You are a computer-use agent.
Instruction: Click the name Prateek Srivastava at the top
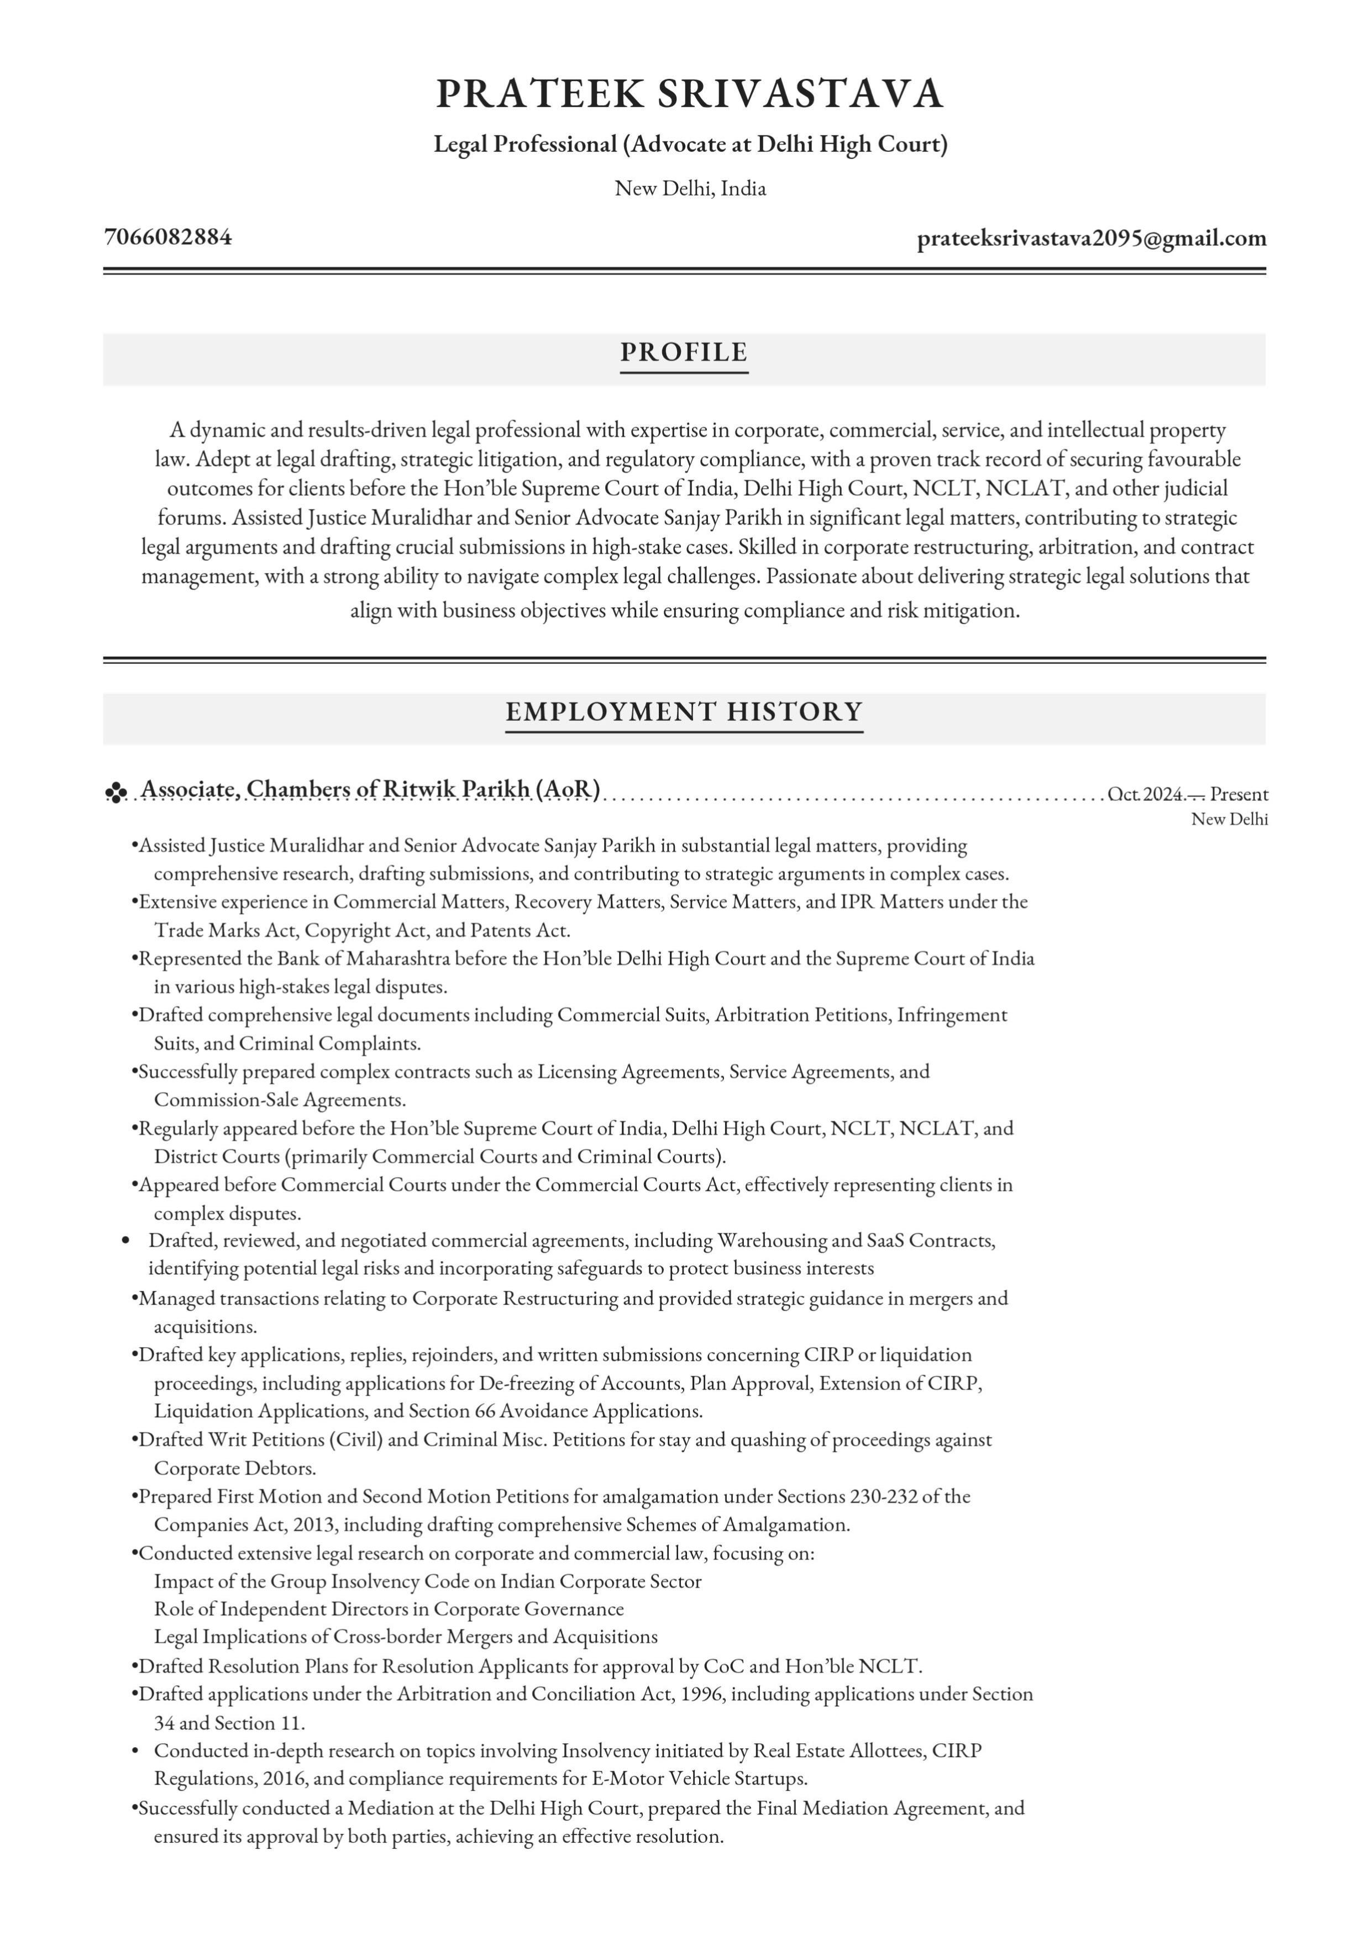coord(689,93)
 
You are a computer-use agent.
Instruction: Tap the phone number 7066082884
coord(168,237)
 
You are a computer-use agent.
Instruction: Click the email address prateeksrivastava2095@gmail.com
coord(1092,239)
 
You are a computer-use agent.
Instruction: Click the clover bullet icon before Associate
coord(116,792)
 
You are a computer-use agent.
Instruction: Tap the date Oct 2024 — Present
coord(1187,794)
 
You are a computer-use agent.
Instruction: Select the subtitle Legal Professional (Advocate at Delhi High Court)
coord(690,144)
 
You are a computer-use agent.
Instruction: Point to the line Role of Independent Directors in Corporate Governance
coord(389,1609)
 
